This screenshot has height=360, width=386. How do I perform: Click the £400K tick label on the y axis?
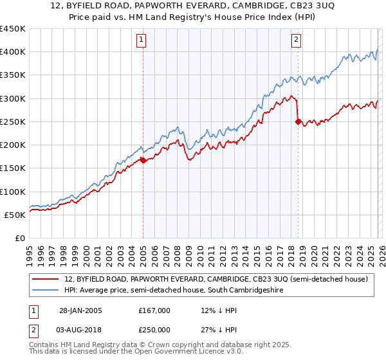point(13,52)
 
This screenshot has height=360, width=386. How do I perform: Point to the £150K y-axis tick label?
point(13,168)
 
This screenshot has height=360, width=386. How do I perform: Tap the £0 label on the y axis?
point(19,238)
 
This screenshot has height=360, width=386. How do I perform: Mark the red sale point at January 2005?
point(143,161)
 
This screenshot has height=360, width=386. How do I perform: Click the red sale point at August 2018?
point(298,122)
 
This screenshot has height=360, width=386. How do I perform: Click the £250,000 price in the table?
point(154,329)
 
